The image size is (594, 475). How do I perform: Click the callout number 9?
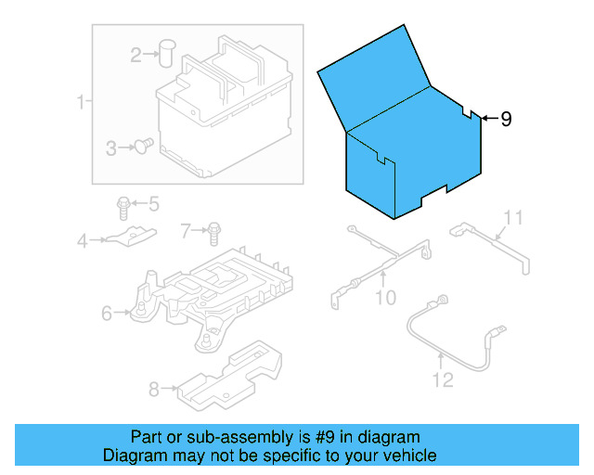point(506,119)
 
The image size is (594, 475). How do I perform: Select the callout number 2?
point(136,56)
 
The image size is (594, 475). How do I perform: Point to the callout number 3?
point(110,148)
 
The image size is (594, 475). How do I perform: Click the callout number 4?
point(82,241)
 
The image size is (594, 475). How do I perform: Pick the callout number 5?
point(153,203)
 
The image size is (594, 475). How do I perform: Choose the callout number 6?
point(107,314)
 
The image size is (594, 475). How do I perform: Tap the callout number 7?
point(186,228)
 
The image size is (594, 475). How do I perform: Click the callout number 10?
point(384,297)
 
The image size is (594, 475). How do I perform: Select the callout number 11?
point(513,218)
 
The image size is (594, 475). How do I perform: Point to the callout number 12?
point(443,379)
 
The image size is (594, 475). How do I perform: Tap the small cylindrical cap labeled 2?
point(167,52)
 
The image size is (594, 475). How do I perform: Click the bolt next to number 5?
point(123,205)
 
